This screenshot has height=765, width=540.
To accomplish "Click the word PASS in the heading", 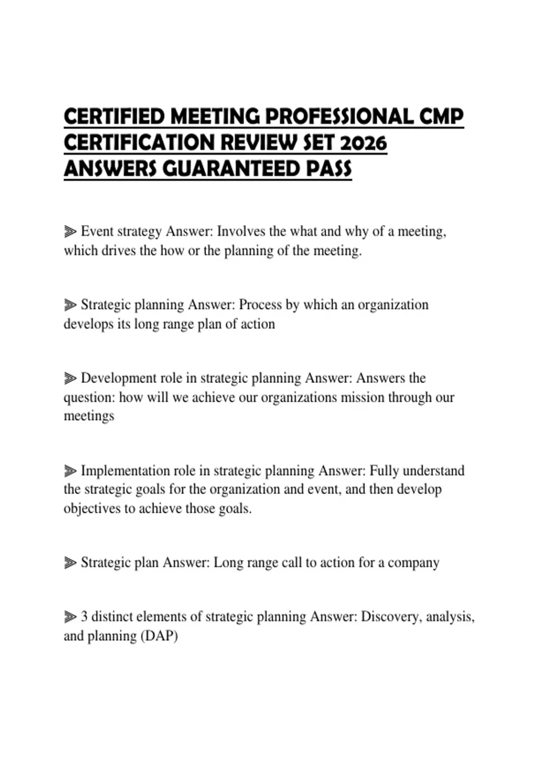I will click(x=329, y=169).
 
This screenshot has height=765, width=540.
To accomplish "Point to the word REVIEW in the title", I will click(x=259, y=143).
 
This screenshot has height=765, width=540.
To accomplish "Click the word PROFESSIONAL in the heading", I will click(x=339, y=117).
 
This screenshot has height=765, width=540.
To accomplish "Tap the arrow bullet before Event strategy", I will click(x=70, y=232).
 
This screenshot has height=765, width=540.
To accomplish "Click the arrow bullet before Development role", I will click(x=70, y=378).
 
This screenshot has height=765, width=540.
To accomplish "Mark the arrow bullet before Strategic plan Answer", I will click(x=70, y=563).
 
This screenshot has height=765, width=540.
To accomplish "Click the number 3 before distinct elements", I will click(x=84, y=616).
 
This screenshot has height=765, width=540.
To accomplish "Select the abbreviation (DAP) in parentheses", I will click(x=159, y=636).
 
